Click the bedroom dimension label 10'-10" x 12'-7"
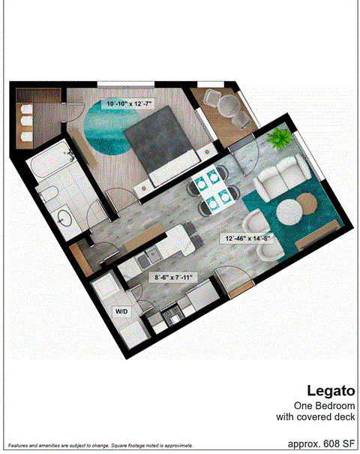130,104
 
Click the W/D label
121,310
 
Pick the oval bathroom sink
64,218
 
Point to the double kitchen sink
142,260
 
